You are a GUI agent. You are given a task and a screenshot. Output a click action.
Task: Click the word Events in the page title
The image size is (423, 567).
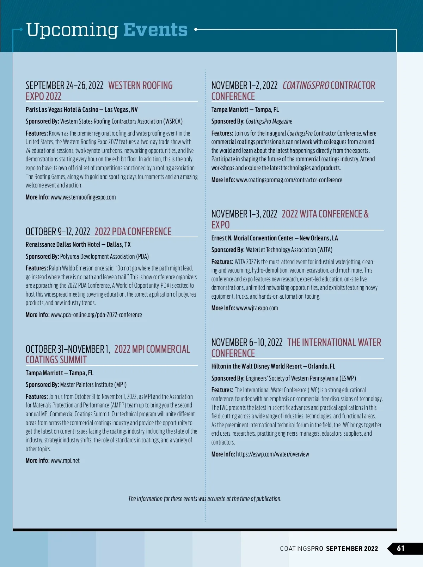tap(155, 30)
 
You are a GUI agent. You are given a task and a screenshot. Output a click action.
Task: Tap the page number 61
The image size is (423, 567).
tap(401, 548)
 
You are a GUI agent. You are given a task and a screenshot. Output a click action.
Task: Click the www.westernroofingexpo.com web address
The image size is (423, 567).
tap(83, 197)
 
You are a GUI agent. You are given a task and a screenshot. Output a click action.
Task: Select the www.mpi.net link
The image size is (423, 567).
tap(65, 461)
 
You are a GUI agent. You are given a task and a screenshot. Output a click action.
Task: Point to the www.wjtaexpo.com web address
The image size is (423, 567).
tap(257, 308)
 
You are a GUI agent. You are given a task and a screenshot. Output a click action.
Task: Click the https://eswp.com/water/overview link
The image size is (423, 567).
tap(272, 454)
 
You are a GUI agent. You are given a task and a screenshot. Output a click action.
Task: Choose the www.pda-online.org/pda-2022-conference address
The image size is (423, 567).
tap(96, 315)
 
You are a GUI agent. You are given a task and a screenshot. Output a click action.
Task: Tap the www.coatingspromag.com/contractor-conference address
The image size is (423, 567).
tap(289, 180)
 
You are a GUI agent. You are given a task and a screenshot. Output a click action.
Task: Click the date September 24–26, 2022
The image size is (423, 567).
tap(65, 85)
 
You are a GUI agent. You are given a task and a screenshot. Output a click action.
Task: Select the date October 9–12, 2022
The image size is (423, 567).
tap(58, 232)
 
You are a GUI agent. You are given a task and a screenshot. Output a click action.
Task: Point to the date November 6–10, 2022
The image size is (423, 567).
tap(247, 342)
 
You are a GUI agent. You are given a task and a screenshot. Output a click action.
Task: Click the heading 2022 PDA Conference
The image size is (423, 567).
tap(133, 232)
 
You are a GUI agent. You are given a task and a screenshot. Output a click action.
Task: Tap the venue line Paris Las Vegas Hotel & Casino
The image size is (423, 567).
tap(62, 110)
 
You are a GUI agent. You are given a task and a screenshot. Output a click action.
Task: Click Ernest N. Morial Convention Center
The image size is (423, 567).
tap(252, 238)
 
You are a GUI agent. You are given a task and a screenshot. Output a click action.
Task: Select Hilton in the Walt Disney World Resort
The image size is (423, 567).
tap(257, 366)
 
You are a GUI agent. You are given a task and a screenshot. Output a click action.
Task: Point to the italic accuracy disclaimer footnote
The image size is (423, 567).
tap(205, 499)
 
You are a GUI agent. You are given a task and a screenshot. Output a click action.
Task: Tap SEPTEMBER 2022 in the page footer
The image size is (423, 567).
tap(352, 549)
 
